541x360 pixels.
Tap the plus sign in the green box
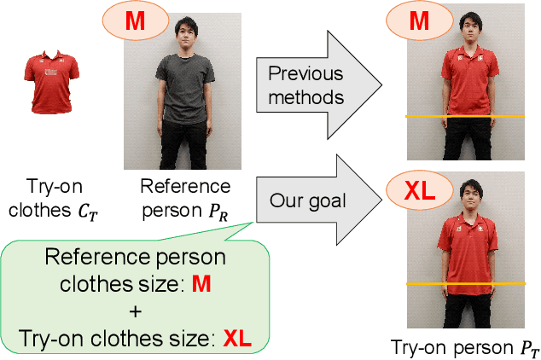point(137,311)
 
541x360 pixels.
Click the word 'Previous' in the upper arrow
point(305,73)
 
